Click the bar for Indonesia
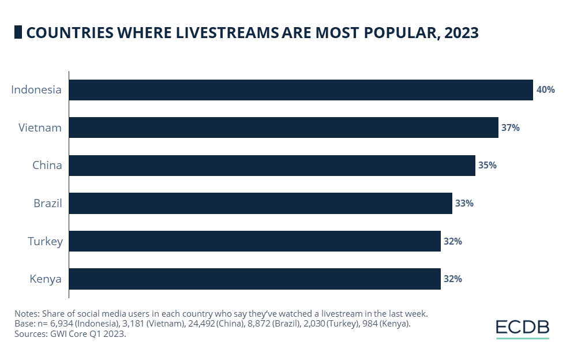(301, 90)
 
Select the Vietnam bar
(283, 127)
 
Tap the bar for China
(272, 165)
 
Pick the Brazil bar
(260, 203)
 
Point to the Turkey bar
(254, 241)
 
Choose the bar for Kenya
(254, 279)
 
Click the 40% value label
(545, 90)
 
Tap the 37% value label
(511, 127)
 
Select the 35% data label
(487, 165)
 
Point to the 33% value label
(464, 203)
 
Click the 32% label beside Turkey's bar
(453, 241)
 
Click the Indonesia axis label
(36, 90)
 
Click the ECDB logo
(522, 328)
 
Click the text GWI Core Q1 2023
(88, 334)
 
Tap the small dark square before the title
(18, 32)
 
